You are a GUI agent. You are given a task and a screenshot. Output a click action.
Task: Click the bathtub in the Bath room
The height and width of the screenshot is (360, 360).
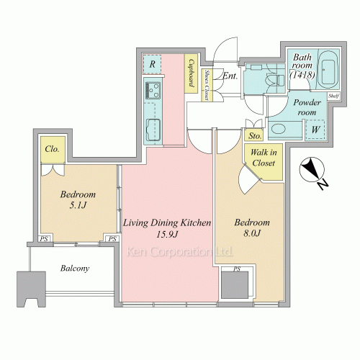[328, 70]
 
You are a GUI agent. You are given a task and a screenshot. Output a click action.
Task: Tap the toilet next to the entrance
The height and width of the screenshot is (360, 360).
[276, 79]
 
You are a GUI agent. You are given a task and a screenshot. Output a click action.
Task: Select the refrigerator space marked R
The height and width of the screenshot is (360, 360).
[152, 64]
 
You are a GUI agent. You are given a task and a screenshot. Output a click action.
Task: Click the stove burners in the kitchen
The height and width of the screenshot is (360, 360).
[153, 90]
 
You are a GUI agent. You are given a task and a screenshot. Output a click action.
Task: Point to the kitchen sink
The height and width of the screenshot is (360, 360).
[153, 130]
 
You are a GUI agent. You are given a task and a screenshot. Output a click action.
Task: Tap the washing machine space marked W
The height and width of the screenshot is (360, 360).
[315, 130]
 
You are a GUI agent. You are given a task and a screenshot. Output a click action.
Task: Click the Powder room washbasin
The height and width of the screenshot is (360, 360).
[279, 129]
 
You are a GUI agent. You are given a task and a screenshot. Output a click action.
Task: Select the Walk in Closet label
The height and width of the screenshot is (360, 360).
[264, 158]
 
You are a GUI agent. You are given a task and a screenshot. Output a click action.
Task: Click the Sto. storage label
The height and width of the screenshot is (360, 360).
[254, 136]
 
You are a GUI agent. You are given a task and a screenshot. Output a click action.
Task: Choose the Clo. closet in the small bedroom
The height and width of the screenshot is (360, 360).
[53, 149]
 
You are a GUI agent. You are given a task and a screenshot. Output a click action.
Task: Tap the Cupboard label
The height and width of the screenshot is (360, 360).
[192, 73]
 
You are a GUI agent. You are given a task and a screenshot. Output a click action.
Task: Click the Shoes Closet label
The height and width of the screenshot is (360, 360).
[207, 85]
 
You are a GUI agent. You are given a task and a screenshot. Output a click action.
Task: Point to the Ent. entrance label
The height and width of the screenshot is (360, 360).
[230, 76]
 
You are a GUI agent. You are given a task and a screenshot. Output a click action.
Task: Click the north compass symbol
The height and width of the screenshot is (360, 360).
[312, 169]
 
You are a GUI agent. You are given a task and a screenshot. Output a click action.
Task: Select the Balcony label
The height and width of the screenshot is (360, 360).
[75, 268]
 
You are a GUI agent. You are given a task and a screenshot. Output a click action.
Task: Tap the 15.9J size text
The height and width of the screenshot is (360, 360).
[167, 234]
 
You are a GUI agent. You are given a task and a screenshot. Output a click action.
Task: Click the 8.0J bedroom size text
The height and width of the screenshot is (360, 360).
[252, 233]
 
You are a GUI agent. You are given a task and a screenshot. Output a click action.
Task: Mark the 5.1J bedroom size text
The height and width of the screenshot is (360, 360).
[78, 205]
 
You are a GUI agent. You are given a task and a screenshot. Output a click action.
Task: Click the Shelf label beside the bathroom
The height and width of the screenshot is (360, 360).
[333, 96]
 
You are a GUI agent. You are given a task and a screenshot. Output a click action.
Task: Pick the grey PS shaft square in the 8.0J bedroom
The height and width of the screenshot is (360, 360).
[235, 285]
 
